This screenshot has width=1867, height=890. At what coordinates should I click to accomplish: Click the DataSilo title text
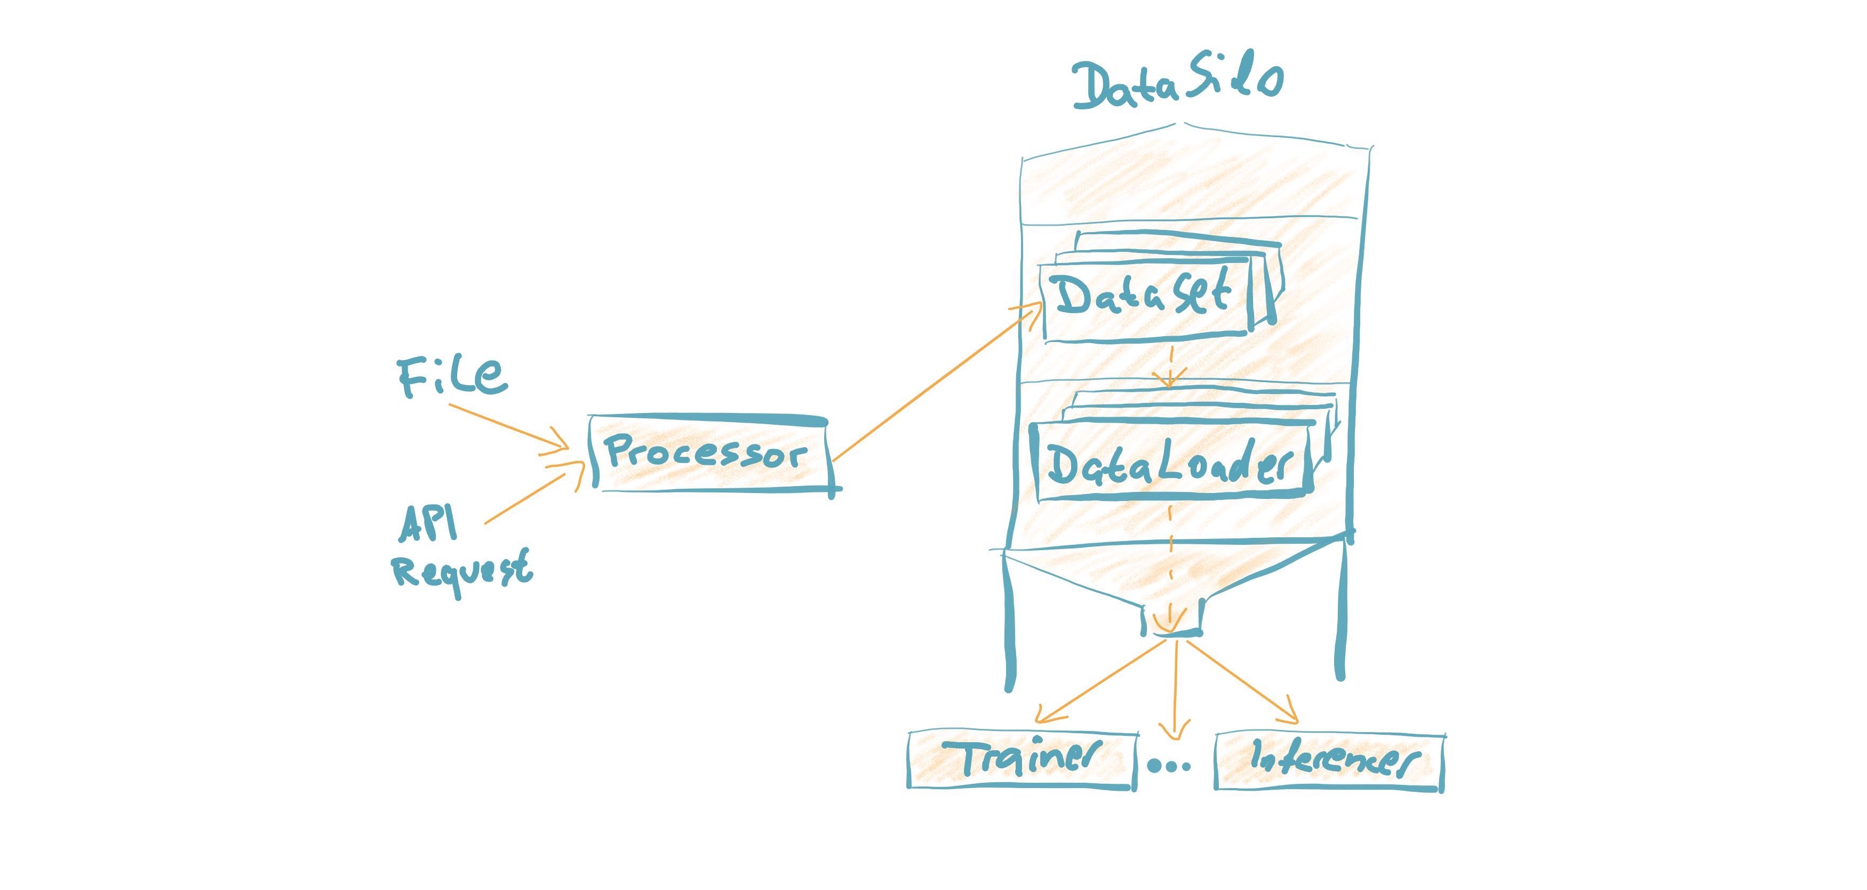point(1178,83)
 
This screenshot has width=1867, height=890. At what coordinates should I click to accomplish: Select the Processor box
point(711,454)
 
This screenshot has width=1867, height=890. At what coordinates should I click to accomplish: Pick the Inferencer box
point(1328,761)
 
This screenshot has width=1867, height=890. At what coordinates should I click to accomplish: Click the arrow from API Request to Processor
point(533,496)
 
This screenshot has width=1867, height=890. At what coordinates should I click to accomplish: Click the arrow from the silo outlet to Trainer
point(1102,681)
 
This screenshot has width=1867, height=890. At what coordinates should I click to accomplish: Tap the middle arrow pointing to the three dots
point(1175,688)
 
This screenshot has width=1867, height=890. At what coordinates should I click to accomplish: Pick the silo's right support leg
point(1341,616)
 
